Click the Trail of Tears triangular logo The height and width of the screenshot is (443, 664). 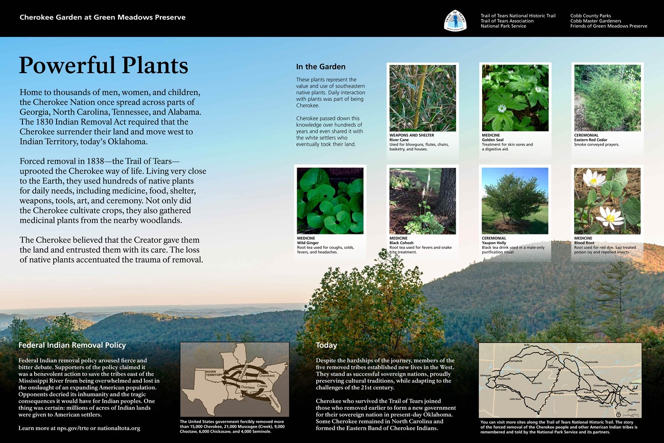(455, 20)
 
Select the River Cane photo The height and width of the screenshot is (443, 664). (422, 98)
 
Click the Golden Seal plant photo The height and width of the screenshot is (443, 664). (515, 98)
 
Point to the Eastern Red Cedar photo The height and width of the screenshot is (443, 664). (607, 98)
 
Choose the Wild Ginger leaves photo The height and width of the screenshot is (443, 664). (330, 201)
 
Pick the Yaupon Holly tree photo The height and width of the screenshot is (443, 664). (515, 201)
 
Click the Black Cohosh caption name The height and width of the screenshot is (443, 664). (401, 243)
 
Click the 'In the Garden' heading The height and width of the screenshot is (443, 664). (321, 67)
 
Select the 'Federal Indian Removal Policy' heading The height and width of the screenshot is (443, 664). (72, 345)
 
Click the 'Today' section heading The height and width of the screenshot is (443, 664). (326, 345)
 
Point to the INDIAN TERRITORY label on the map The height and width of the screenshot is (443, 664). (215, 373)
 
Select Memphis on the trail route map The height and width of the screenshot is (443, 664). (558, 393)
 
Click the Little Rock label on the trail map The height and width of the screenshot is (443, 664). (529, 399)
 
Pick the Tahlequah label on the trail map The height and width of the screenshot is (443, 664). (485, 376)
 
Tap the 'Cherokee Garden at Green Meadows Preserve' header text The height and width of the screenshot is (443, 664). (102, 17)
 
